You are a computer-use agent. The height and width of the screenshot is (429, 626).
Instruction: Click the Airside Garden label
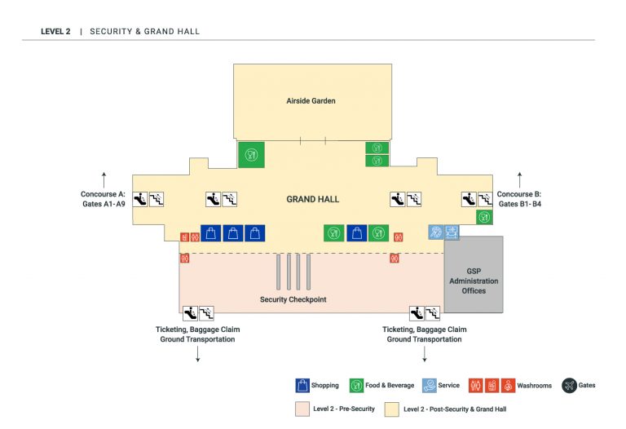[x=311, y=101]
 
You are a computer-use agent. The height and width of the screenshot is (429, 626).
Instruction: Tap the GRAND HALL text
[x=312, y=199]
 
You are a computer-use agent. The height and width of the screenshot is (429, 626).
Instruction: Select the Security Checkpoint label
[x=293, y=299]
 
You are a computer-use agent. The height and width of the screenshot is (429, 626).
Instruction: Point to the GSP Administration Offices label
[x=474, y=281]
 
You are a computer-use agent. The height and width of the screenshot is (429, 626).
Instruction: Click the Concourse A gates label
[x=103, y=199]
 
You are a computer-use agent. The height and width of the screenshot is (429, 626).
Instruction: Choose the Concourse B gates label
[x=519, y=199]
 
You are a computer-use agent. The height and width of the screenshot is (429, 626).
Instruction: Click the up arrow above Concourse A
[x=104, y=176]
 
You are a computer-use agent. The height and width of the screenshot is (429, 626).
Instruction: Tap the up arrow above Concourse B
[x=520, y=176]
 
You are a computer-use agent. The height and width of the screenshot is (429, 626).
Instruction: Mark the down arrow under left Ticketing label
[x=197, y=356]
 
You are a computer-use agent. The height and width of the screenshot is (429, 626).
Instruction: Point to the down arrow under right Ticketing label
[x=424, y=356]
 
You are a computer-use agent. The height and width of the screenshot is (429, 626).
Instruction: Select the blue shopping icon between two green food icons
[x=356, y=233]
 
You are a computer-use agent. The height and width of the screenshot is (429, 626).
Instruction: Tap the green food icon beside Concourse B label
[x=484, y=217]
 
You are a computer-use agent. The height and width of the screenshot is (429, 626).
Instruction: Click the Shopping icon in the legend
[x=302, y=385]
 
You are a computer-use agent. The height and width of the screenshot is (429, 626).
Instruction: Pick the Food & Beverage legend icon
[x=356, y=385]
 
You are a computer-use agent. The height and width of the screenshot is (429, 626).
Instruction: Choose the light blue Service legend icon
[x=429, y=385]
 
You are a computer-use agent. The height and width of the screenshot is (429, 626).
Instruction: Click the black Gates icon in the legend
[x=569, y=385]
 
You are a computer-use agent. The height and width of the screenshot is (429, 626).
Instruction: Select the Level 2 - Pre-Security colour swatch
[x=302, y=408]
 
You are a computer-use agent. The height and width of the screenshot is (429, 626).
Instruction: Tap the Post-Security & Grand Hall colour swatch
[x=392, y=408]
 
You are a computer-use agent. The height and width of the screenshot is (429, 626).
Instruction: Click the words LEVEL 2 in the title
[x=55, y=32]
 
